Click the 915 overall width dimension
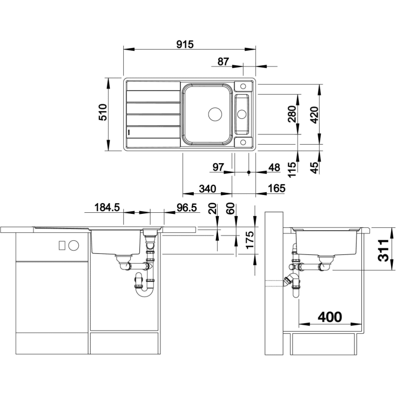point(185,44)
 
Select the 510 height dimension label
point(103,112)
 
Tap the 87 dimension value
point(223,62)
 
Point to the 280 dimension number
point(292,114)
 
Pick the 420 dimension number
point(314,115)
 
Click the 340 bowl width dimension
point(207,189)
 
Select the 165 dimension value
point(277,188)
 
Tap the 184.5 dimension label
point(107,207)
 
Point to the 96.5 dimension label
point(186,207)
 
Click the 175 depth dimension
point(250,240)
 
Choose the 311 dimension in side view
point(383,250)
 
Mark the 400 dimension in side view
point(330,317)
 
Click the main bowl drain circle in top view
point(215,114)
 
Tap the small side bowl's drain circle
point(241,114)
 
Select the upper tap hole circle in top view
point(243,86)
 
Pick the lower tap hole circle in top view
point(243,142)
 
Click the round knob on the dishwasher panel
point(73,245)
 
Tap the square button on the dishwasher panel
point(62,245)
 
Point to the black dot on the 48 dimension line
point(248,172)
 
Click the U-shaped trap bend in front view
point(144,293)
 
